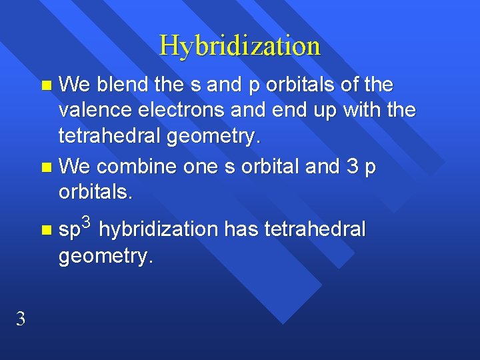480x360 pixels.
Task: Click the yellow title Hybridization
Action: point(240,46)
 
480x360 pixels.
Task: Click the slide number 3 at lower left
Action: point(21,319)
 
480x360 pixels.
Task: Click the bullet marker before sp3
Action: point(45,231)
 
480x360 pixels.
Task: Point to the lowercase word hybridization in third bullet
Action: point(159,230)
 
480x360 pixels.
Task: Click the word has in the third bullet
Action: point(241,229)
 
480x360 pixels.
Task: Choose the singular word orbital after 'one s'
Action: point(275,167)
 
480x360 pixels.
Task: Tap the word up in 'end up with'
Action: point(323,109)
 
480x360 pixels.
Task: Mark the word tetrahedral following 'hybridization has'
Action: point(315,229)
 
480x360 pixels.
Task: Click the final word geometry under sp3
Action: point(106,255)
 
